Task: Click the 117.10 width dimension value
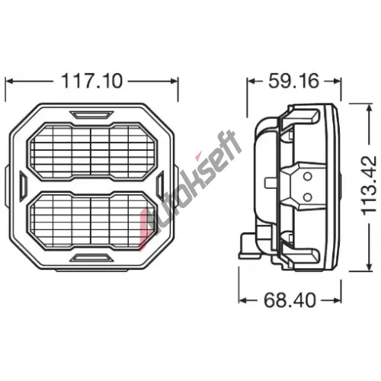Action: pos(91,81)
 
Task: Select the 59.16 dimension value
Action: pos(293,81)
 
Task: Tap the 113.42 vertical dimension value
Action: pos(369,186)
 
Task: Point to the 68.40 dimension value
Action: pos(290,300)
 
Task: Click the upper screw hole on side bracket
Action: pos(308,176)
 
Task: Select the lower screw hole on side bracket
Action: pos(308,197)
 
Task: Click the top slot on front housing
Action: pos(91,114)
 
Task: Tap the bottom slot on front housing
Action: pos(91,258)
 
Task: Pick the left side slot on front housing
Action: pos(23,184)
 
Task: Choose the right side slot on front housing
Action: pos(160,184)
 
